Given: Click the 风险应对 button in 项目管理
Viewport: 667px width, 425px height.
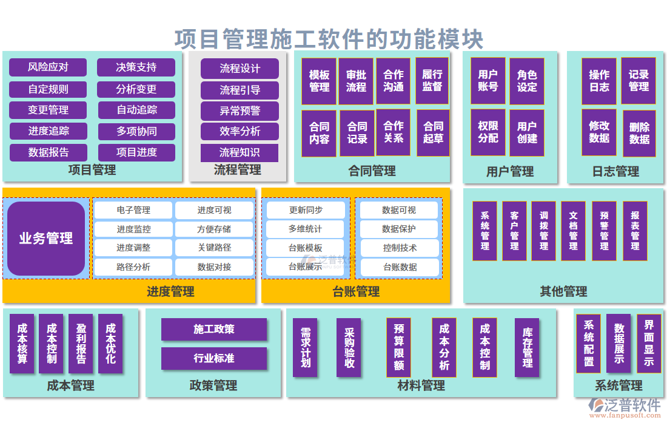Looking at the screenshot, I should (x=48, y=67).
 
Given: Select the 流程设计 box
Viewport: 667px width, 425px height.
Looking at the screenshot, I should (x=240, y=69).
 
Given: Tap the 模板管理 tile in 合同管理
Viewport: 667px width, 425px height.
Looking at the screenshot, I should (x=319, y=81).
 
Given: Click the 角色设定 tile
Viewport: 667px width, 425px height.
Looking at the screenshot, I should (x=526, y=81).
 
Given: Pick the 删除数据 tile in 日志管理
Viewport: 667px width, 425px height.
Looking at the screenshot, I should (x=639, y=133).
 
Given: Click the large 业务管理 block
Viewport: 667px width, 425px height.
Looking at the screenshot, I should (x=46, y=239).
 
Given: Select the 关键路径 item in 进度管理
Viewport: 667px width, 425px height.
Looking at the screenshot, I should (x=214, y=248).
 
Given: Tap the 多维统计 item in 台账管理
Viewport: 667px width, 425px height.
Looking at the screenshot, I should (x=305, y=229).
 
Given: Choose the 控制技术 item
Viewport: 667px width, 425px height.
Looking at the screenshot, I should (x=400, y=248).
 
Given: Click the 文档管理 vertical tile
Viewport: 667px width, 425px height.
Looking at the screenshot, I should (x=574, y=231).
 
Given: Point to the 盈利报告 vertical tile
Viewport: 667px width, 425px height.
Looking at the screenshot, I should (x=81, y=343).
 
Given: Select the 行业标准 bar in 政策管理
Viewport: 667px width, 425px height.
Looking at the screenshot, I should (x=213, y=358).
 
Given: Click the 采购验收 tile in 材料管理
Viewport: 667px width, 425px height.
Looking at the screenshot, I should (x=349, y=347).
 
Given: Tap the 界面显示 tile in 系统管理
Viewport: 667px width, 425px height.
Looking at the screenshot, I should (x=649, y=343).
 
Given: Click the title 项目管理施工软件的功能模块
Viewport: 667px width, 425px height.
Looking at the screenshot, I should (x=329, y=39).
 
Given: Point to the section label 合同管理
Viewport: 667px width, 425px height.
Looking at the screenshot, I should (x=372, y=171).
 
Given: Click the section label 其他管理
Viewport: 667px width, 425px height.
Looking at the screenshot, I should (x=563, y=291).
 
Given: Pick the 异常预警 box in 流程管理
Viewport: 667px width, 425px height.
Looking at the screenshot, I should (x=240, y=111).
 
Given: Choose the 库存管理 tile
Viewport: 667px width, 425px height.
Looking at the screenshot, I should (x=527, y=347).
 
